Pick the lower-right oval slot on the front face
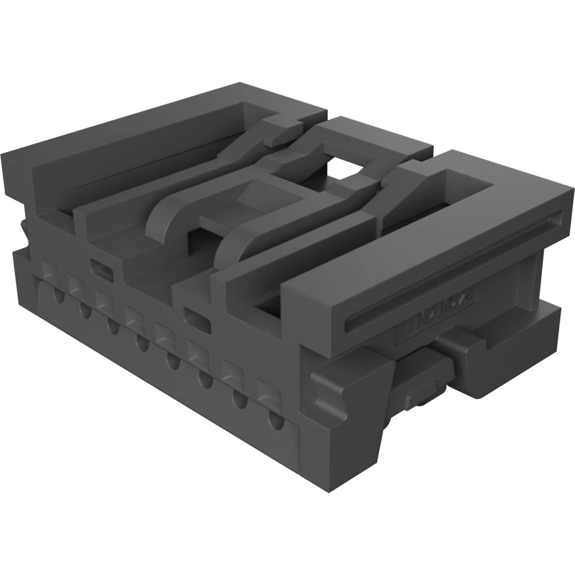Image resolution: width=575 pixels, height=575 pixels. (x=196, y=317)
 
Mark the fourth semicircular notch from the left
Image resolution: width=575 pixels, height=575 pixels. (x=142, y=345)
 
